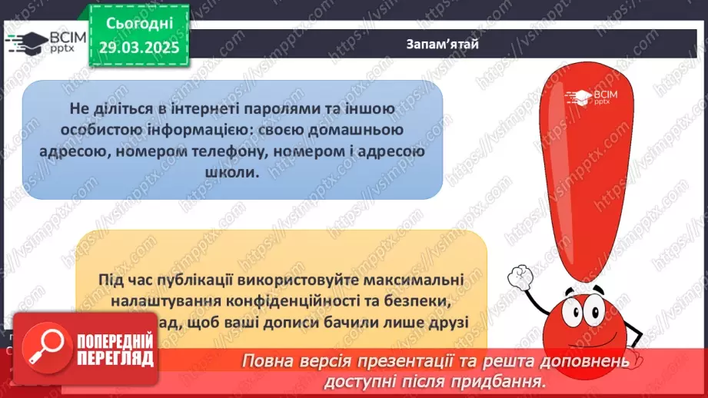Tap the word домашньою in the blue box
[367, 131]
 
